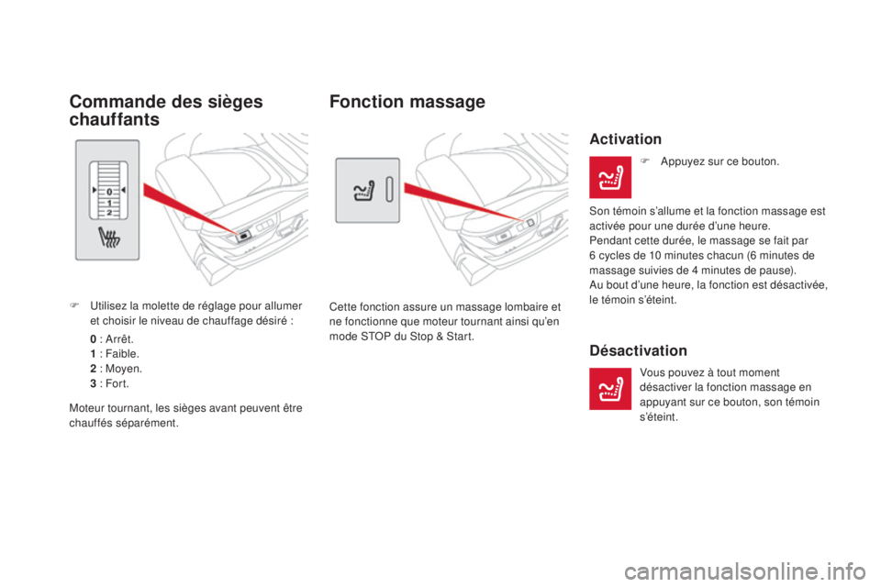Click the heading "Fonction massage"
tap(406, 103)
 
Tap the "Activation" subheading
tap(625, 139)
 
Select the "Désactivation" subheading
tap(638, 350)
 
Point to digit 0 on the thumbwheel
tap(110, 190)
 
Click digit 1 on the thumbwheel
tap(110, 201)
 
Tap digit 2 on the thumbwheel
tap(110, 212)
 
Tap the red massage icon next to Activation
tap(609, 177)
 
